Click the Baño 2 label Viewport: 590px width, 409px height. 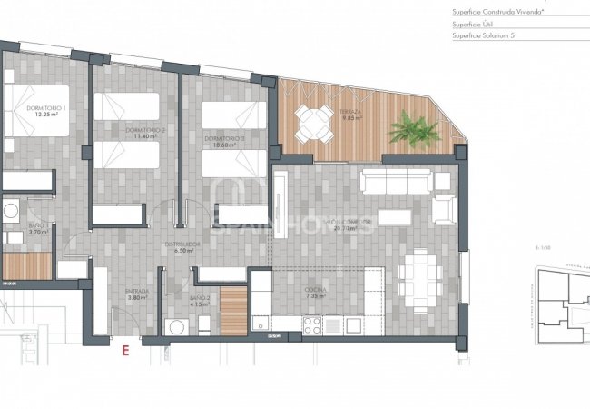click(x=201, y=301)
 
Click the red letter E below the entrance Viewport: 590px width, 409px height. click(x=125, y=347)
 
